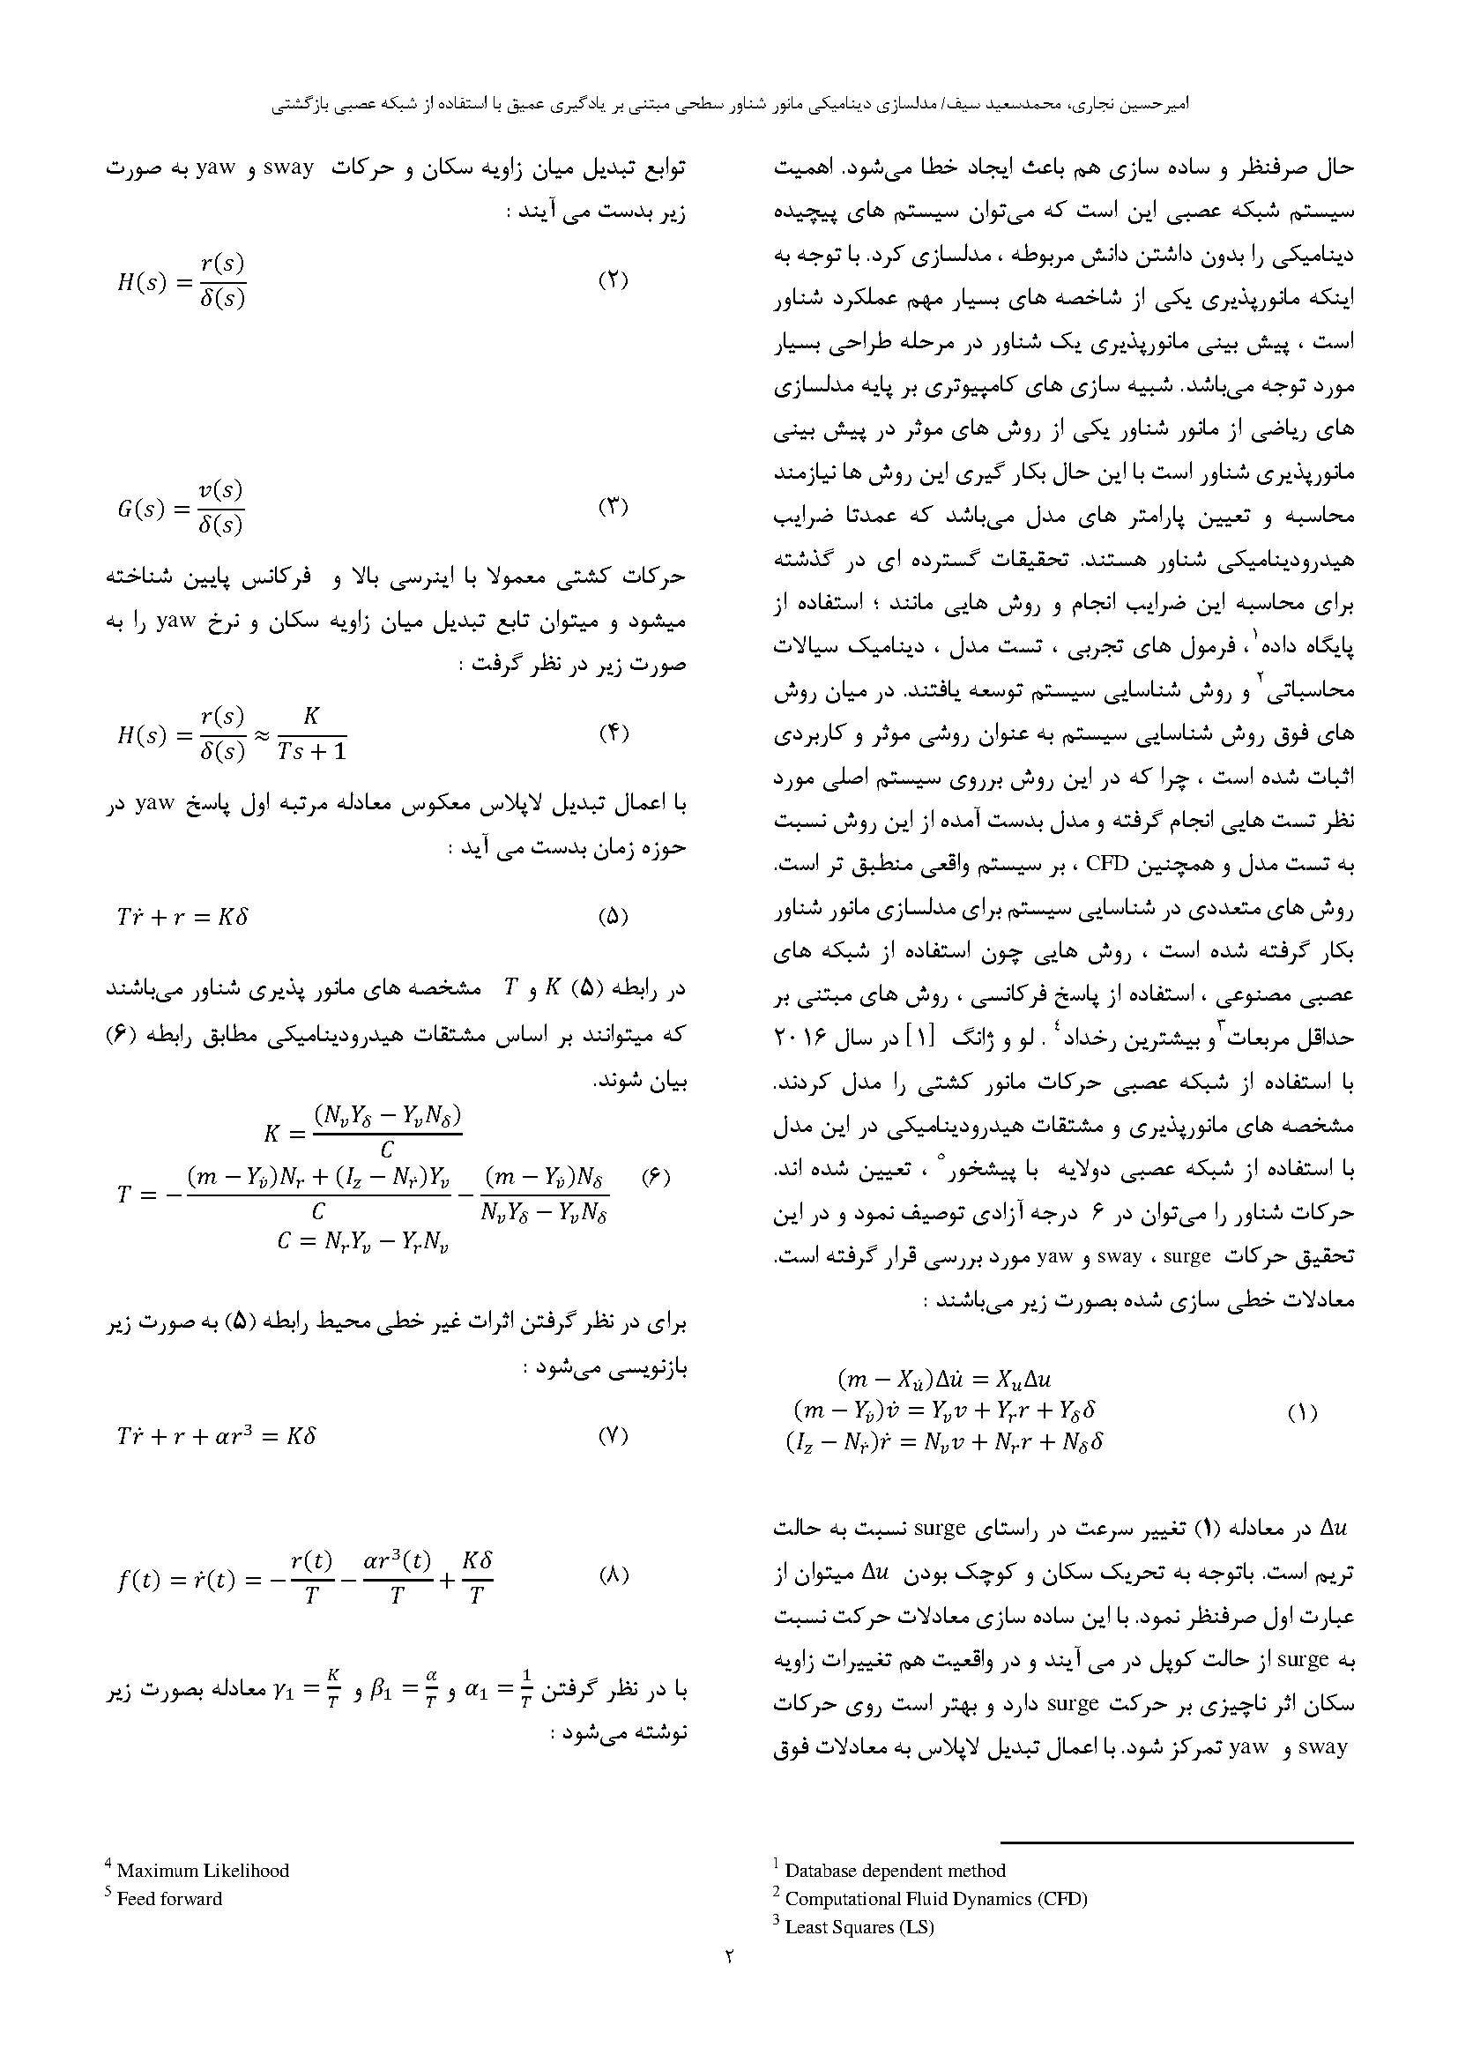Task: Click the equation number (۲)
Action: (x=613, y=279)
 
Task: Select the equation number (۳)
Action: (x=613, y=507)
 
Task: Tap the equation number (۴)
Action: (x=613, y=733)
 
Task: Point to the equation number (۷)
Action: (x=613, y=1435)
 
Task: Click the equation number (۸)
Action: (x=613, y=1574)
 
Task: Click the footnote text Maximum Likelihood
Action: (x=202, y=1871)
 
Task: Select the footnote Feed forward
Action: (x=168, y=1899)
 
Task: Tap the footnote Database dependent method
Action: (x=894, y=1871)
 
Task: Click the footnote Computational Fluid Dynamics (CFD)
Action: (x=935, y=1899)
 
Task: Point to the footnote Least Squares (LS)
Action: (x=859, y=1926)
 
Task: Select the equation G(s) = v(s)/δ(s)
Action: (x=181, y=508)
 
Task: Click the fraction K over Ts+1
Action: (x=311, y=733)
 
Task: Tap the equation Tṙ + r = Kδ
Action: (x=182, y=917)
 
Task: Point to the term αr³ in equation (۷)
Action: (x=240, y=1435)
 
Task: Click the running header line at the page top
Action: (x=729, y=104)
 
